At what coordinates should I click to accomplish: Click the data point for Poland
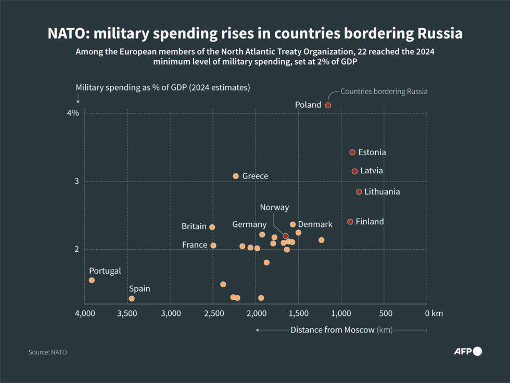328,105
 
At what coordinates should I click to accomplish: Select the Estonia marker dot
352,152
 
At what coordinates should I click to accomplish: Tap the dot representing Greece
236,176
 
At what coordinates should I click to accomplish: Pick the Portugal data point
92,280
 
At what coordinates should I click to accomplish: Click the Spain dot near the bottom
132,299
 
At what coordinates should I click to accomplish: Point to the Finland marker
350,222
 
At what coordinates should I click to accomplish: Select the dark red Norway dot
285,236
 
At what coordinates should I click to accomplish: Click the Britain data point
212,227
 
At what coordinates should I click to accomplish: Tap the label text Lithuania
382,191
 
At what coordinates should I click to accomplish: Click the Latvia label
372,171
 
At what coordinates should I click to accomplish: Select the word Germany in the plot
249,224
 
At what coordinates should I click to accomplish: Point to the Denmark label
315,224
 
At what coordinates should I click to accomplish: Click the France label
195,245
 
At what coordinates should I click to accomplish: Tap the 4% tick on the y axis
73,113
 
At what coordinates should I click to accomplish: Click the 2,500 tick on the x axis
213,313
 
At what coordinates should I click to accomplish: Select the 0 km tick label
433,313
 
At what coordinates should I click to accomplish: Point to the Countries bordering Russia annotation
384,92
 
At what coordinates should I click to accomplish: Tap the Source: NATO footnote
48,352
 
